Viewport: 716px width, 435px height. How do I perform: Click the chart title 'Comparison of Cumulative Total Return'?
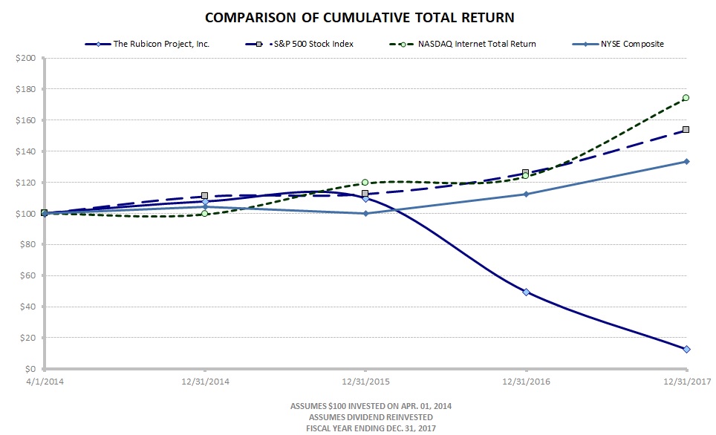coord(359,17)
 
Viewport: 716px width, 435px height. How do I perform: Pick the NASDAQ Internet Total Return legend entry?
coord(460,44)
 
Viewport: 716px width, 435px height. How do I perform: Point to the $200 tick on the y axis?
coord(25,58)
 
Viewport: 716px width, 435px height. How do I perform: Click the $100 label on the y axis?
coord(25,214)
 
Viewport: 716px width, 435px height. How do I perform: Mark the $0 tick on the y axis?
coord(30,369)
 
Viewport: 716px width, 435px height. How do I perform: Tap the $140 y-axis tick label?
coord(25,151)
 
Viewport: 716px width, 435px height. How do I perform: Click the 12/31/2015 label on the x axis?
coord(365,382)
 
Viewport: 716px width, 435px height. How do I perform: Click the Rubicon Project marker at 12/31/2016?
coord(526,292)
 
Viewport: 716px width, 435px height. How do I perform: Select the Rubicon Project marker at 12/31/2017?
coord(686,349)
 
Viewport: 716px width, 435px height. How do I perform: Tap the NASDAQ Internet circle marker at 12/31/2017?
coord(686,97)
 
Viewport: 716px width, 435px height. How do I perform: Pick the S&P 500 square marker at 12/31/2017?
coord(686,130)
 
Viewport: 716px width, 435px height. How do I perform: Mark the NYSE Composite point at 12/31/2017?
coord(686,161)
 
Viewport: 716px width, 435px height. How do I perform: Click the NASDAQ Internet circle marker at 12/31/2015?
coord(365,183)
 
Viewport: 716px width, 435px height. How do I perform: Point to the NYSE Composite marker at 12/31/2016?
coord(526,194)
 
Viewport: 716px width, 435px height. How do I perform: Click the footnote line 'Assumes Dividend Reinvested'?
coord(359,418)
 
